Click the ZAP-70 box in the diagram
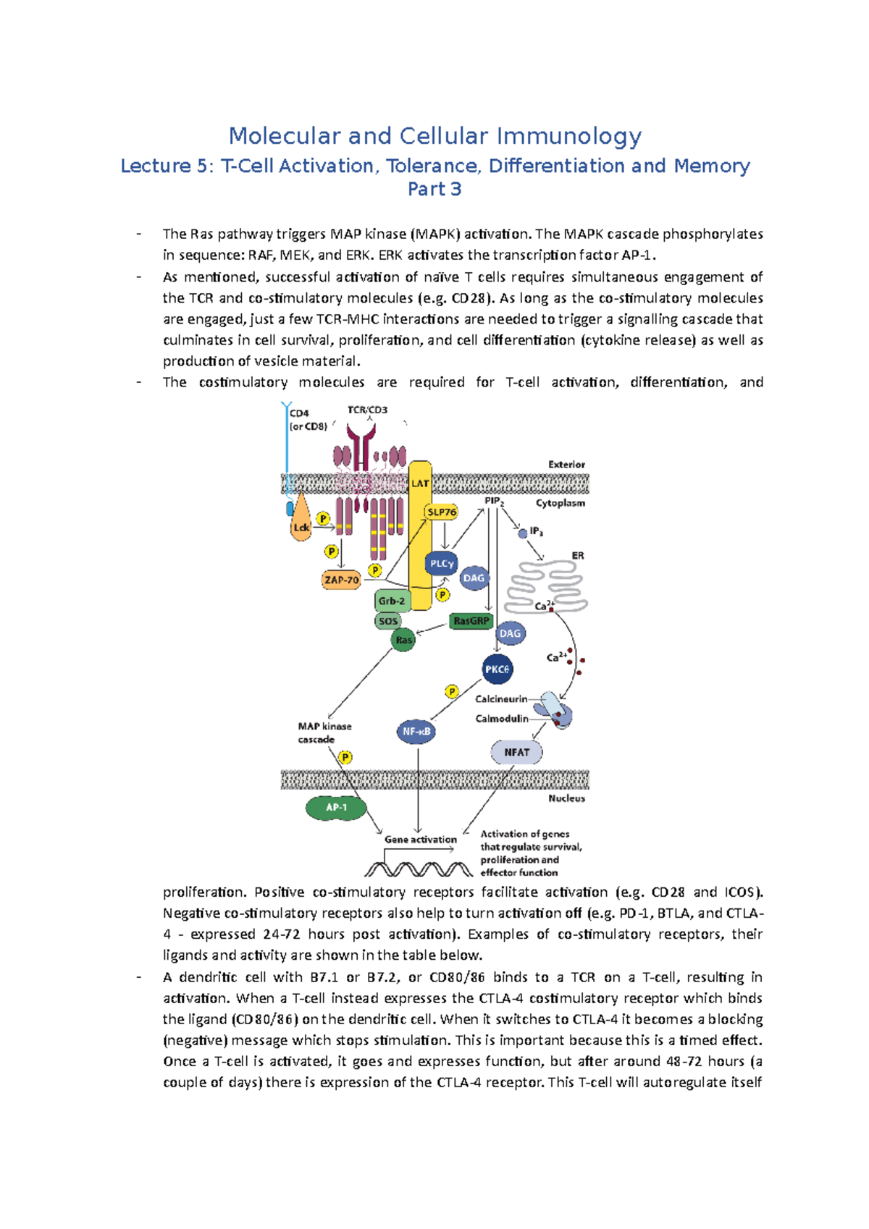(x=341, y=580)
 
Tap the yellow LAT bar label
(x=420, y=483)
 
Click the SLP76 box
(x=442, y=512)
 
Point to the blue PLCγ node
(x=441, y=563)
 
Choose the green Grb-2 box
(x=392, y=600)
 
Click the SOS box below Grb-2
(x=388, y=621)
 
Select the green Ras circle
(x=403, y=640)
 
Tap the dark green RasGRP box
(x=471, y=621)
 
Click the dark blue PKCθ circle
(x=497, y=670)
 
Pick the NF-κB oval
(x=416, y=731)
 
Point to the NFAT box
(x=516, y=752)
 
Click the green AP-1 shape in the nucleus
(x=336, y=808)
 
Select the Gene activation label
(x=421, y=840)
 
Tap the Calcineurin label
(x=501, y=699)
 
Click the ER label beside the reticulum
(x=578, y=556)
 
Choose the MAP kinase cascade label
(x=324, y=732)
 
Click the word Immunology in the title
(x=569, y=136)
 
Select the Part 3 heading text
(x=434, y=190)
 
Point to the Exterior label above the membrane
(x=566, y=465)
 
